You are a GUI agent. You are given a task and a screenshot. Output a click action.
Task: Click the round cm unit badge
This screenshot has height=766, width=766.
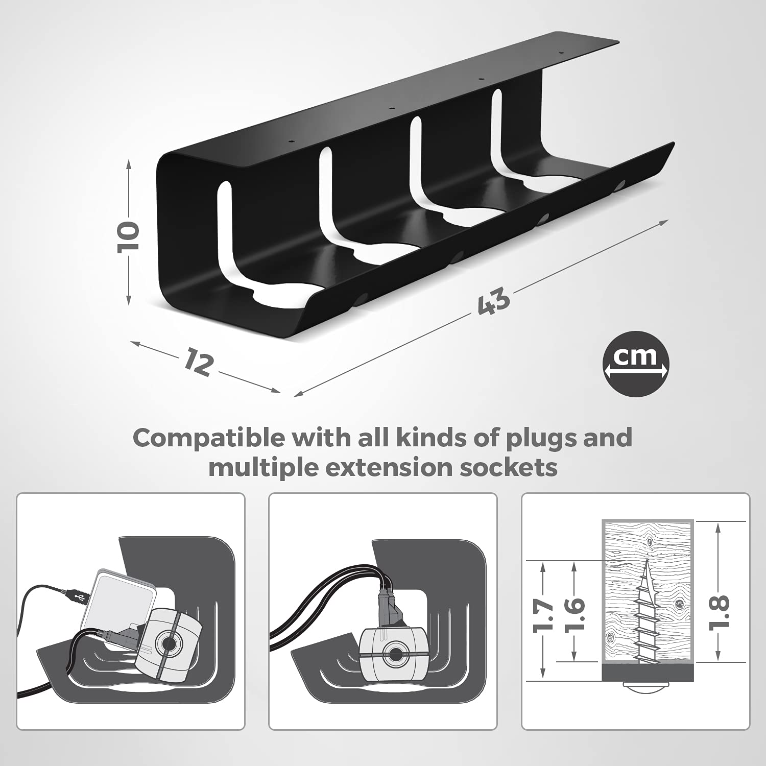click(636, 364)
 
